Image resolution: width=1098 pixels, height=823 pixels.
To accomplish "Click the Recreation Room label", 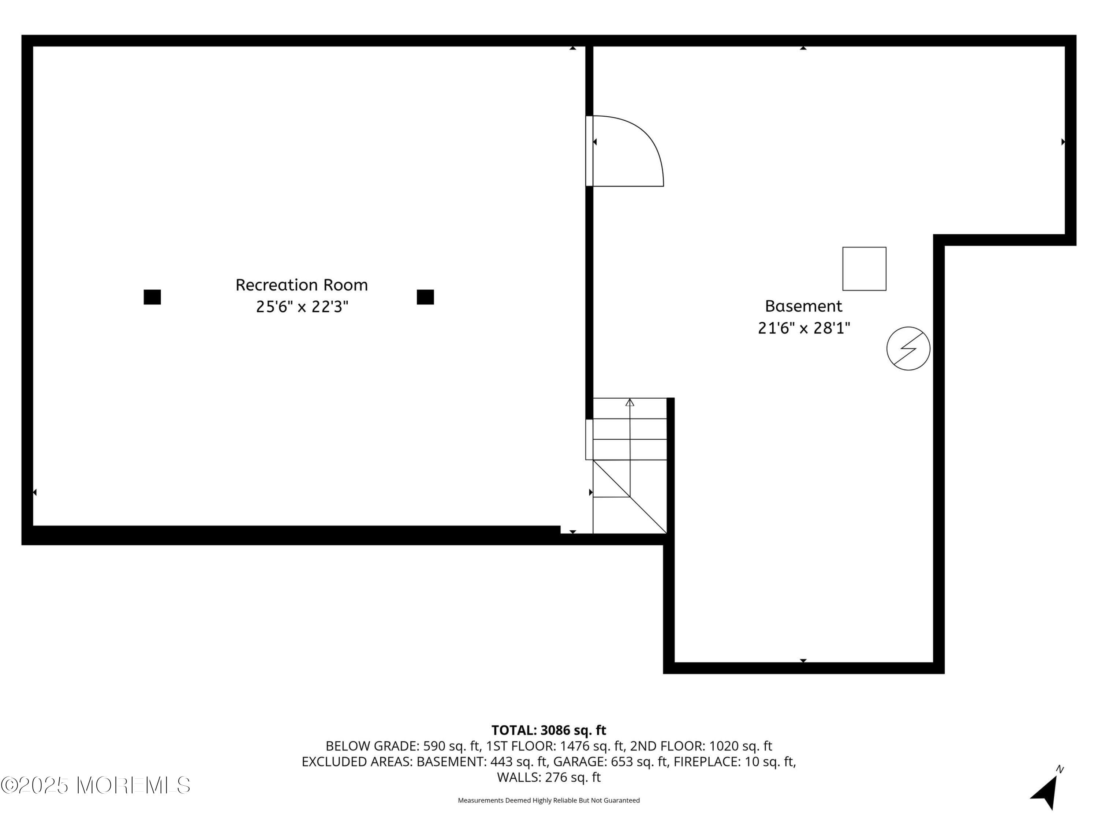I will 301,285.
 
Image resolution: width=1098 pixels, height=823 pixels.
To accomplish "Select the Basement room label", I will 803,306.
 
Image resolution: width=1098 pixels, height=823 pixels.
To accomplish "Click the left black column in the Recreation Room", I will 152,297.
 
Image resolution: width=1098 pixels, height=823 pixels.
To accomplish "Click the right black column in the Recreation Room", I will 425,297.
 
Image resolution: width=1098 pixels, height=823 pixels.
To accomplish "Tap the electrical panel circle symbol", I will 908,348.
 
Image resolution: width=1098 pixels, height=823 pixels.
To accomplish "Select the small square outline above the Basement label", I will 864,269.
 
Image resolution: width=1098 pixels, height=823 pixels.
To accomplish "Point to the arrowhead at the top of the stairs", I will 630,402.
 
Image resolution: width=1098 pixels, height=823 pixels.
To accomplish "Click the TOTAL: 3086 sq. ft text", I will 549,730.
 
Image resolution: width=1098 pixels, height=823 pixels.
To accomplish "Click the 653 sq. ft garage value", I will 637,762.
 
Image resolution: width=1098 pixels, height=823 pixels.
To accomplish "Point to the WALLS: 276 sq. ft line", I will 549,777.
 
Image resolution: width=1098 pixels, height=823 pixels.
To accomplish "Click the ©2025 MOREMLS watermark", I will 95,785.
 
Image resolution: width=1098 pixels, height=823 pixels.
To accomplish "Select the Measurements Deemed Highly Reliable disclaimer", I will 549,800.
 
